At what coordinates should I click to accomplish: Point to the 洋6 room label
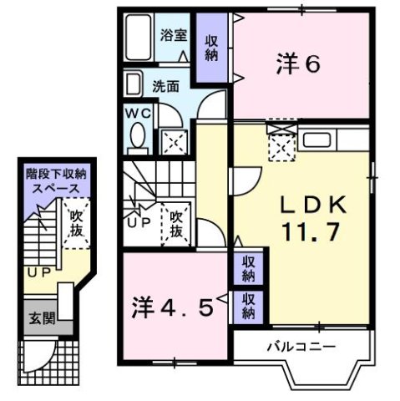click(298, 63)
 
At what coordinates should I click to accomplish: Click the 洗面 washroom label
click(165, 84)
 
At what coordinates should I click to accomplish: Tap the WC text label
click(137, 111)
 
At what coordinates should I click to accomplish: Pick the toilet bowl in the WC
click(138, 134)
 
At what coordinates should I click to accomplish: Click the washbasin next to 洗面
click(133, 84)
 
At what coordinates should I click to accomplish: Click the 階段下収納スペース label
click(59, 181)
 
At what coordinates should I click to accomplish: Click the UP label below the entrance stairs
click(38, 272)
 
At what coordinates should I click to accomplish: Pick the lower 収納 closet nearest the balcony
click(249, 307)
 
